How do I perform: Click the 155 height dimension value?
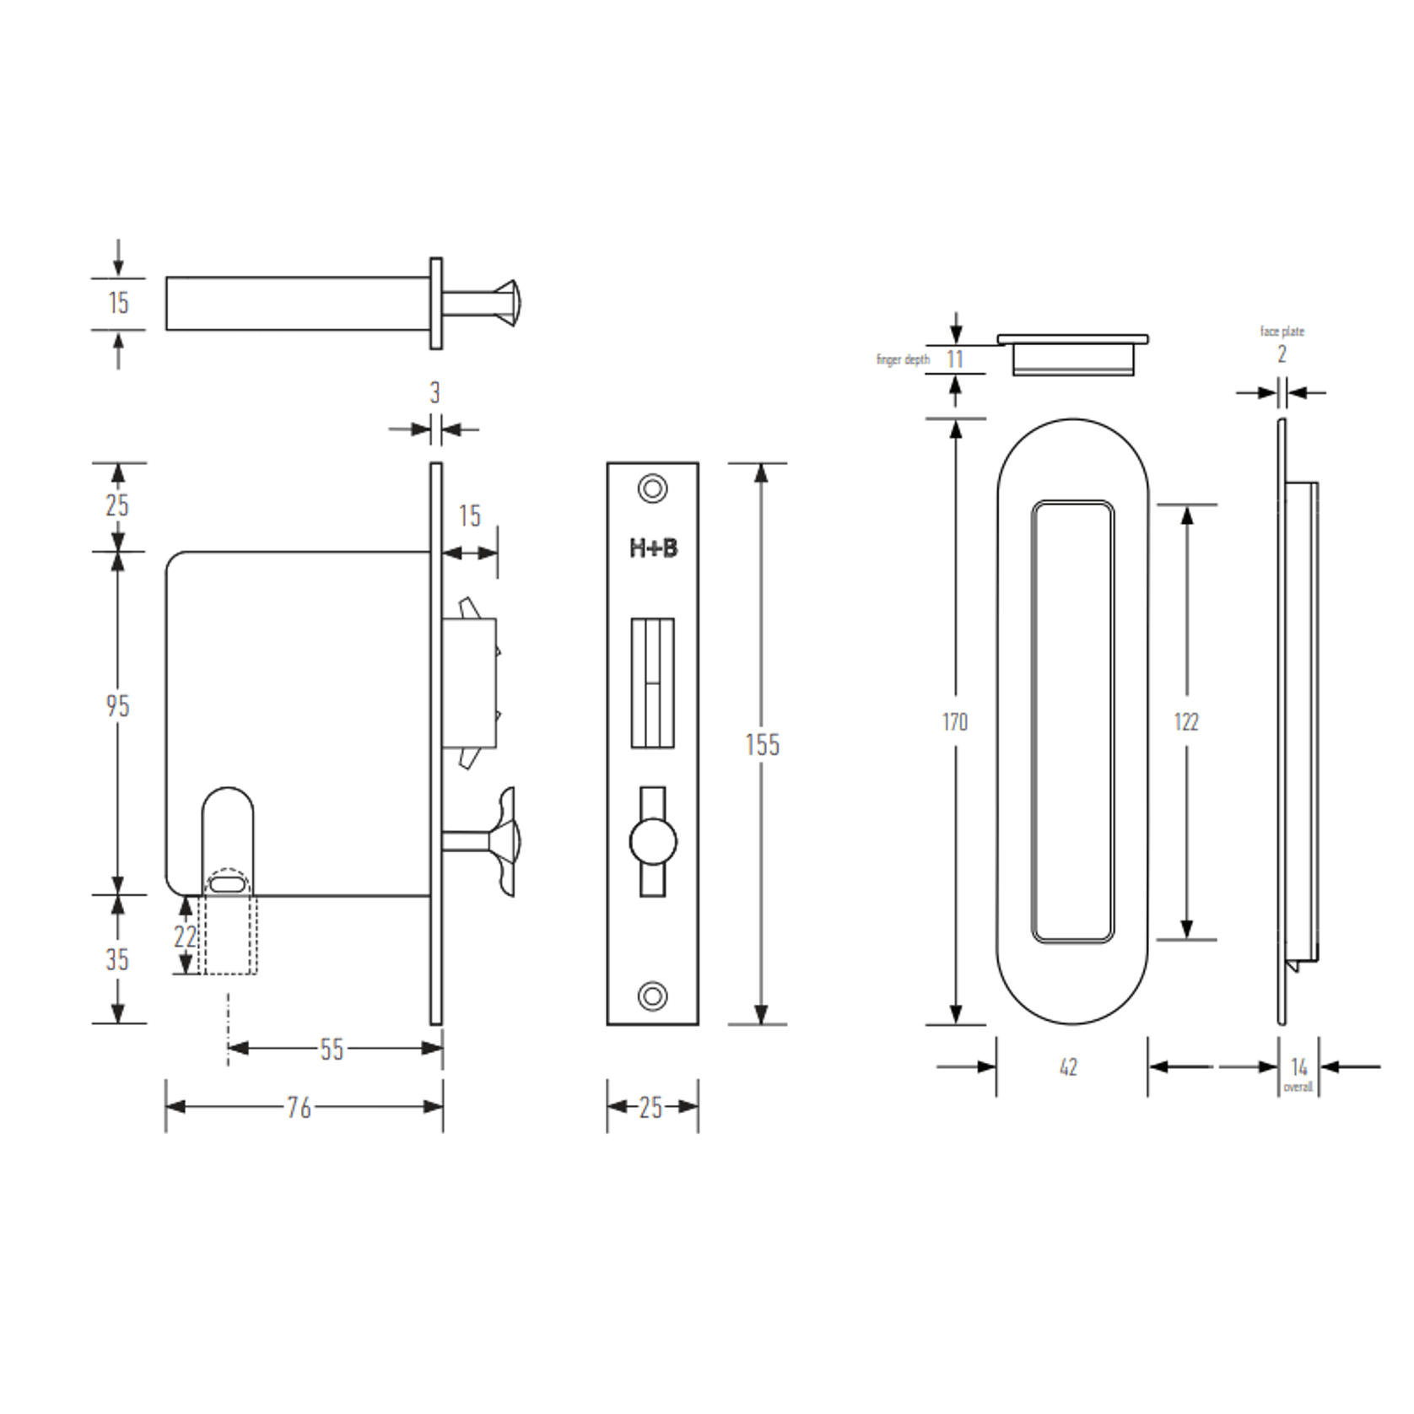[762, 745]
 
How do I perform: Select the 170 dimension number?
[954, 722]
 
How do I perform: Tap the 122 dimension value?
[1185, 722]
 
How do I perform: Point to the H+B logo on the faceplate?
[653, 548]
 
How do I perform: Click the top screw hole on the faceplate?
[652, 488]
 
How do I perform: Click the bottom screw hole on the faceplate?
[652, 996]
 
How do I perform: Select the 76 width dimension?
[300, 1107]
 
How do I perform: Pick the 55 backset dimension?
[332, 1050]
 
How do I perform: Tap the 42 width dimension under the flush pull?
[1068, 1068]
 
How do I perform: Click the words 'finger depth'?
[903, 360]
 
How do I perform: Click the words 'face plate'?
[1282, 332]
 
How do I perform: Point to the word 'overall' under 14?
[1298, 1087]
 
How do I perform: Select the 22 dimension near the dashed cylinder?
[185, 936]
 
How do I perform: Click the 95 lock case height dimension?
[118, 705]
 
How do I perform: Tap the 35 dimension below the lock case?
[117, 959]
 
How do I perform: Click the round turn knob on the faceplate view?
[652, 841]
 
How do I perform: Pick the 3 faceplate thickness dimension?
[434, 392]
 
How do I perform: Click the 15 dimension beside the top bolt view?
[118, 303]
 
